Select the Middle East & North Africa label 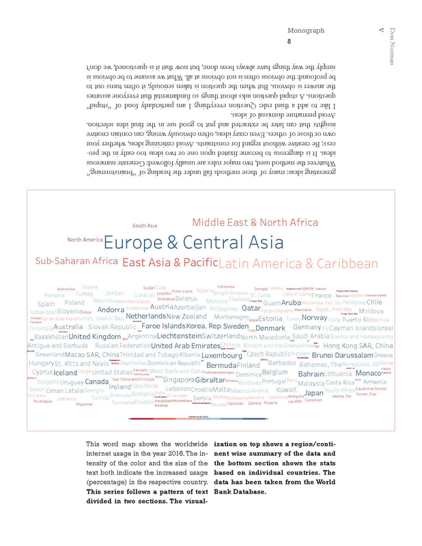click(255, 222)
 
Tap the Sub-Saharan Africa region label click(76, 261)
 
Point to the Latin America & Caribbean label click(298, 264)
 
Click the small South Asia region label click(144, 225)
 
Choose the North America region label click(85, 240)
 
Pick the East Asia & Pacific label click(170, 263)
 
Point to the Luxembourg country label click(221, 356)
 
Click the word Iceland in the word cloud click(66, 373)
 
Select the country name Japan click(313, 393)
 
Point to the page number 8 click(289, 42)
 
